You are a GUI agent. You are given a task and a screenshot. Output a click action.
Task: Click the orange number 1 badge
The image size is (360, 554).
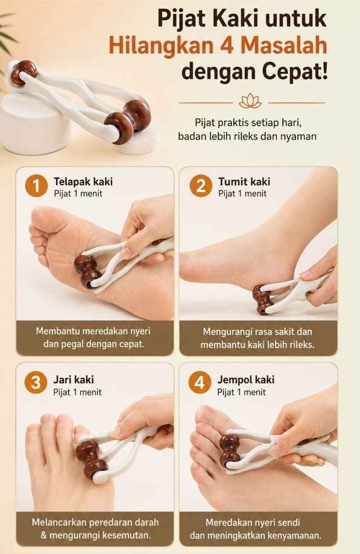coord(36,186)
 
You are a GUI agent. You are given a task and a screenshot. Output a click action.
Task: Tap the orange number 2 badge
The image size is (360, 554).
coord(201,186)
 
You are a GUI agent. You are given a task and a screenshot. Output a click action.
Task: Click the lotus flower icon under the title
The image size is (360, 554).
coord(250,101)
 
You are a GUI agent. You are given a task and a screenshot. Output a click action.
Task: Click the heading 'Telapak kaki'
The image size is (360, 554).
coord(83,182)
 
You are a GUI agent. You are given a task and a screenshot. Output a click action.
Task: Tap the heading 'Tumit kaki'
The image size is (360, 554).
coord(244,182)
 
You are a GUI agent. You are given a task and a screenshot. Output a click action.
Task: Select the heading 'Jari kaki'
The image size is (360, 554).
coord(73,380)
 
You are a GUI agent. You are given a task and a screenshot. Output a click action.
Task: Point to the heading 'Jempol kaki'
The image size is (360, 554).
coord(246,380)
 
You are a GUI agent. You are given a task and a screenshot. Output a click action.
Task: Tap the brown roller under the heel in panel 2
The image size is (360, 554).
coord(262,300)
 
